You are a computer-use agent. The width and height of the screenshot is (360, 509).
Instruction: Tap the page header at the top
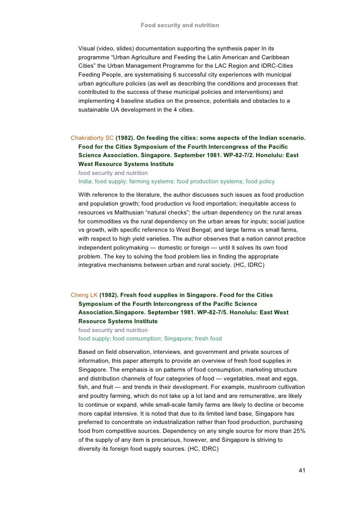coord(180,25)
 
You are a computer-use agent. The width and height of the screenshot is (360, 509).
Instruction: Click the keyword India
coord(85,182)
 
